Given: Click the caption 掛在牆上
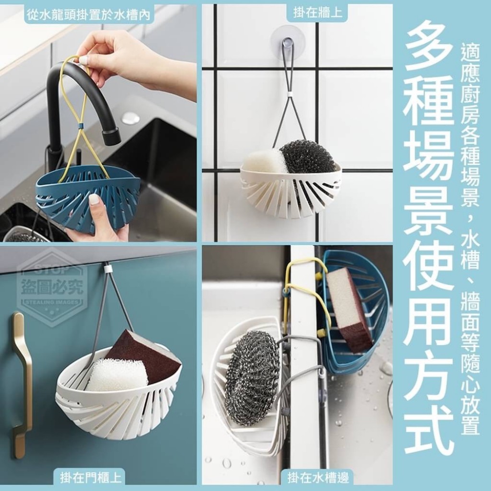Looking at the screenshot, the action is click(x=318, y=13).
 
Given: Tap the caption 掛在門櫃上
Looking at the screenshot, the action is click(x=91, y=478).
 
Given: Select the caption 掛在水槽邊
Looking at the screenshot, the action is click(x=318, y=478).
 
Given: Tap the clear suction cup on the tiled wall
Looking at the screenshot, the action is click(x=288, y=42).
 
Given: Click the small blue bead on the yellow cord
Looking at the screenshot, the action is click(x=81, y=126).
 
